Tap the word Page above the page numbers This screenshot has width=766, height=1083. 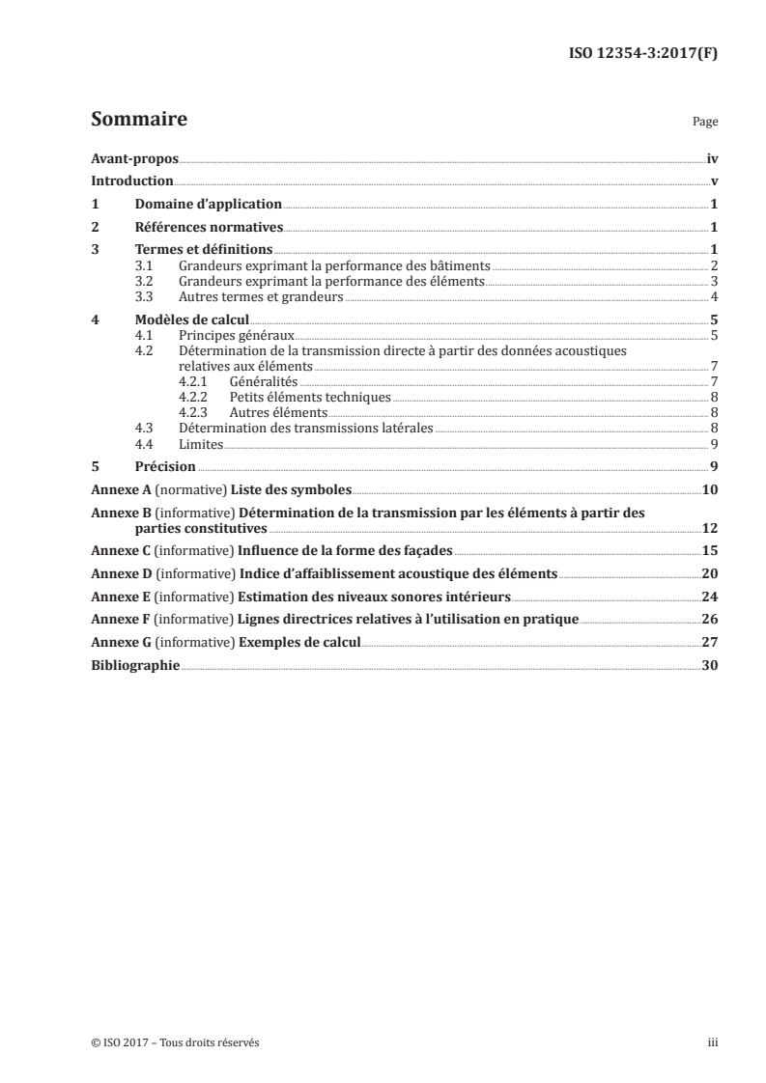(704, 124)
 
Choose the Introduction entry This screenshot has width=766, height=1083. (131, 181)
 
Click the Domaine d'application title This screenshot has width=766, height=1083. (208, 205)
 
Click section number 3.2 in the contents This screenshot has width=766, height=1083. (144, 282)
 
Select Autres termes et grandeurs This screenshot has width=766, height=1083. (261, 297)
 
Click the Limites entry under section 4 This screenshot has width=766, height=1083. (201, 444)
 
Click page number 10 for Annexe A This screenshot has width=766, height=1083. (709, 490)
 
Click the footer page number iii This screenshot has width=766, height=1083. (712, 1042)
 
